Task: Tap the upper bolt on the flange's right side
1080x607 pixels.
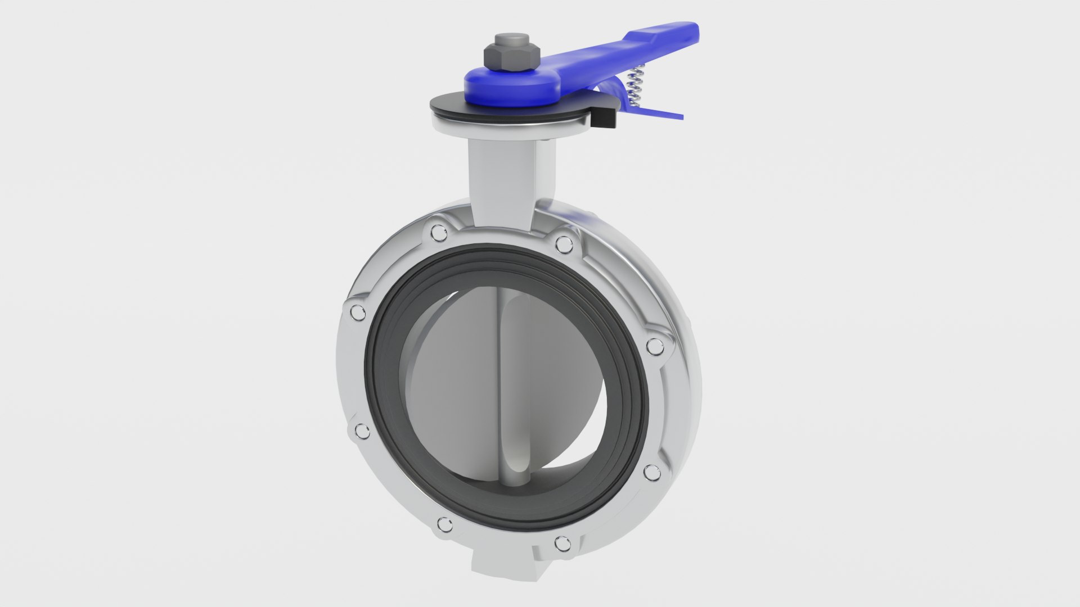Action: click(654, 347)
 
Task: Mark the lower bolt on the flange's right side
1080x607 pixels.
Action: click(652, 472)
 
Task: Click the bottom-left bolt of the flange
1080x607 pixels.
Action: click(445, 526)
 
